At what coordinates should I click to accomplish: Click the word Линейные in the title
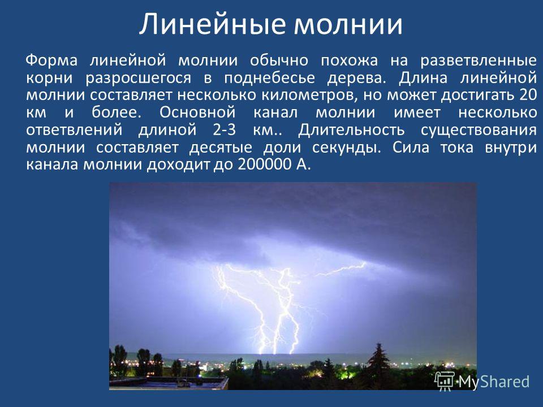tap(212, 24)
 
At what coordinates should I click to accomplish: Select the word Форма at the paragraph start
tap(51, 61)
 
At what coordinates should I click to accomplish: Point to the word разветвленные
tap(479, 61)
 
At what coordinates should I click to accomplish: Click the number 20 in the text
tap(528, 95)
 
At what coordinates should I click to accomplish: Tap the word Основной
tap(197, 112)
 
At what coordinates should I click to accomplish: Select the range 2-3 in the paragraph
tap(225, 130)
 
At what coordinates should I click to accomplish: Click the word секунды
tap(346, 148)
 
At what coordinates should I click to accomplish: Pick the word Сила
tap(411, 147)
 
